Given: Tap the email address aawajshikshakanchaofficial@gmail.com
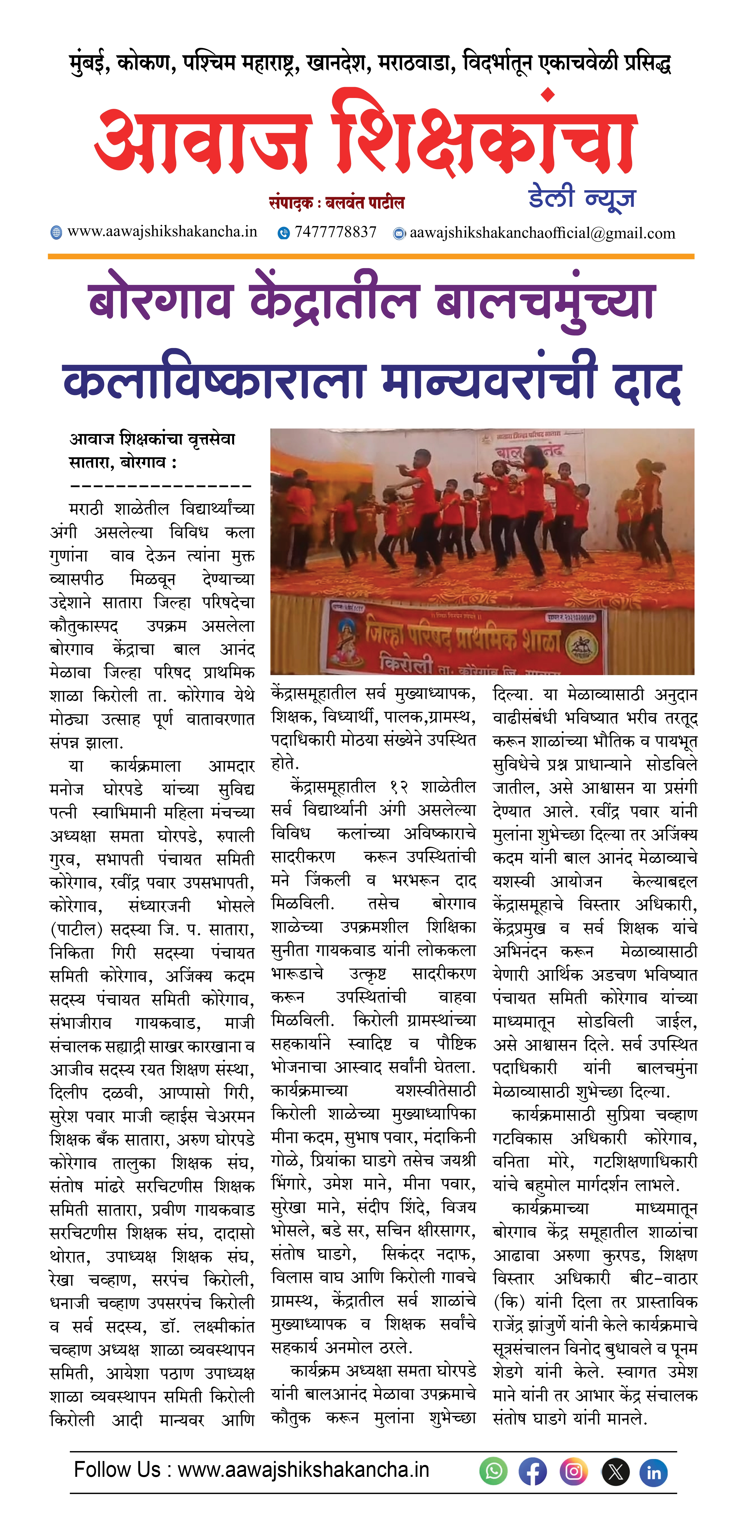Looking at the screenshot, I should [x=542, y=233].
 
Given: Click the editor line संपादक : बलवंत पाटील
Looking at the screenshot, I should [x=336, y=203].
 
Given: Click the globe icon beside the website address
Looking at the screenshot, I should [x=56, y=232].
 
